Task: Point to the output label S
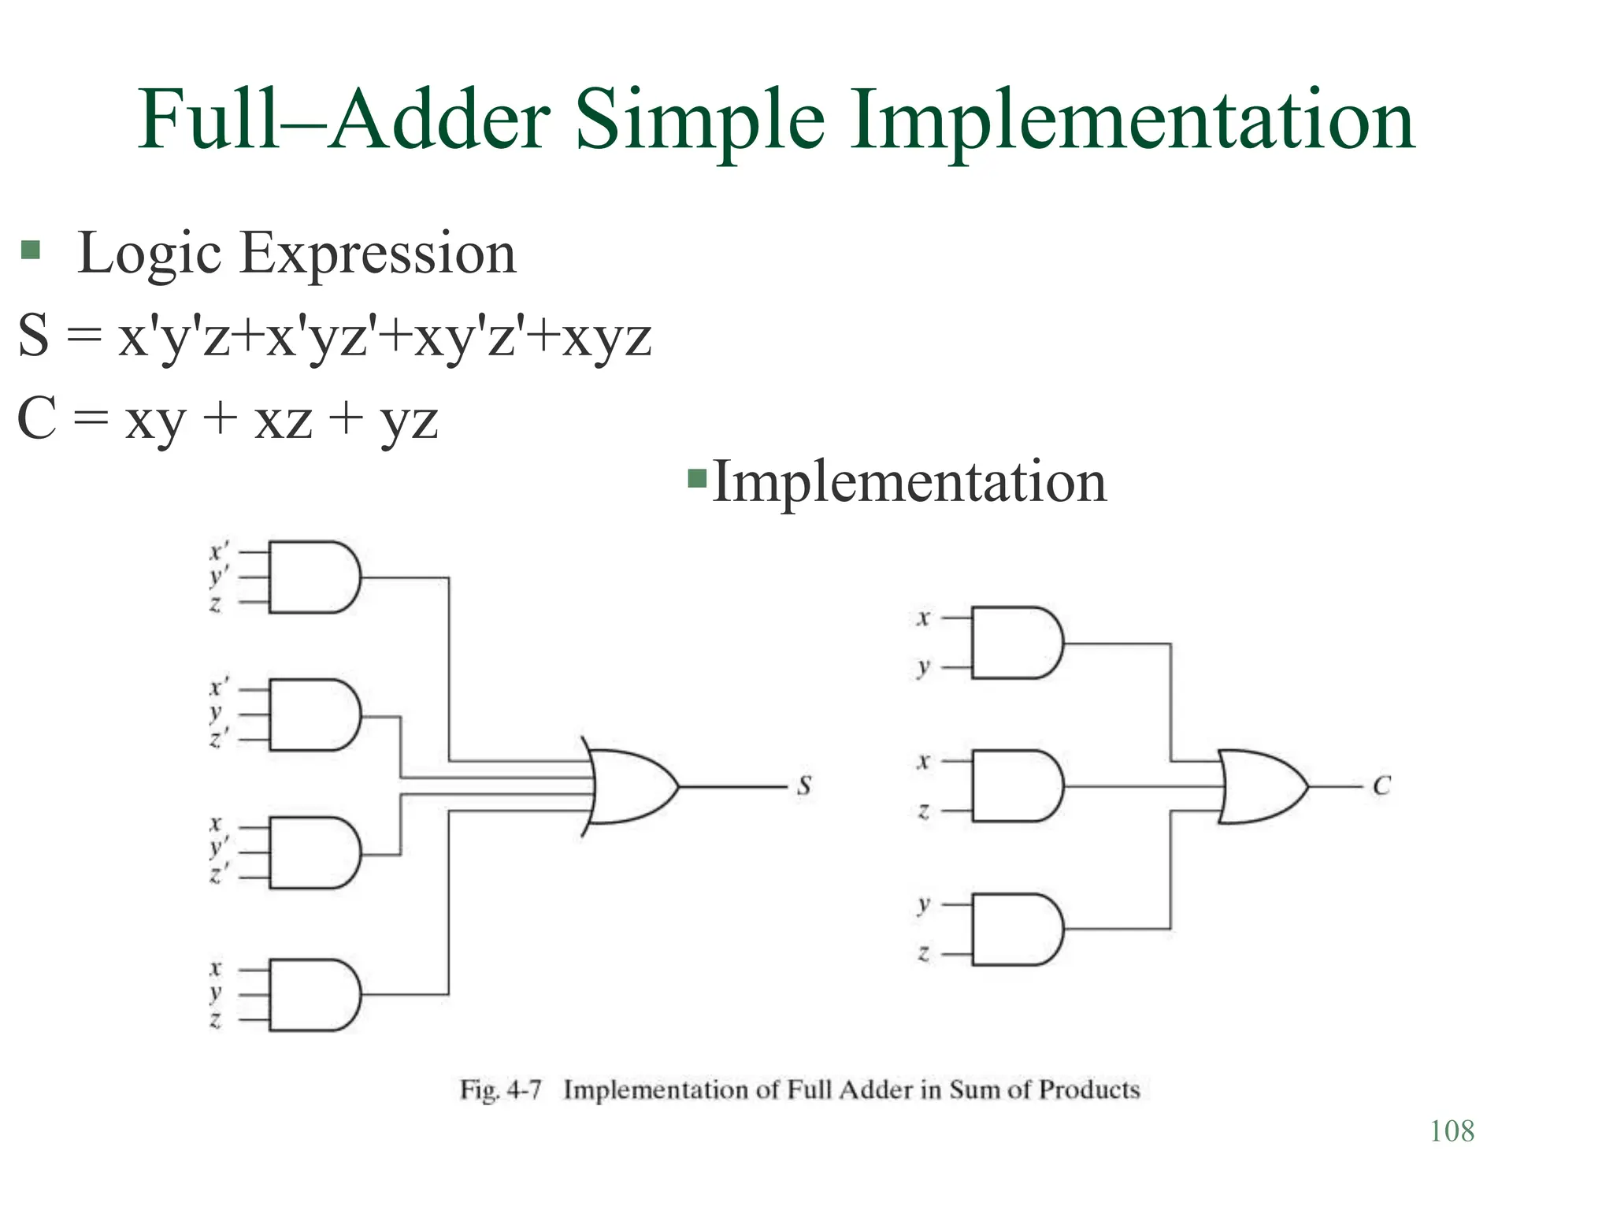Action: tap(804, 785)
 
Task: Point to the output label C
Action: tap(1381, 785)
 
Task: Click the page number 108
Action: tap(1452, 1131)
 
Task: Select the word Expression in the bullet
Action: tap(377, 254)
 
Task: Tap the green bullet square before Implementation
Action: tap(697, 478)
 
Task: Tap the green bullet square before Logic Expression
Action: tap(30, 251)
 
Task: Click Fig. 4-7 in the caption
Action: tap(501, 1089)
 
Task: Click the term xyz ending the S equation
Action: tap(606, 337)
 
